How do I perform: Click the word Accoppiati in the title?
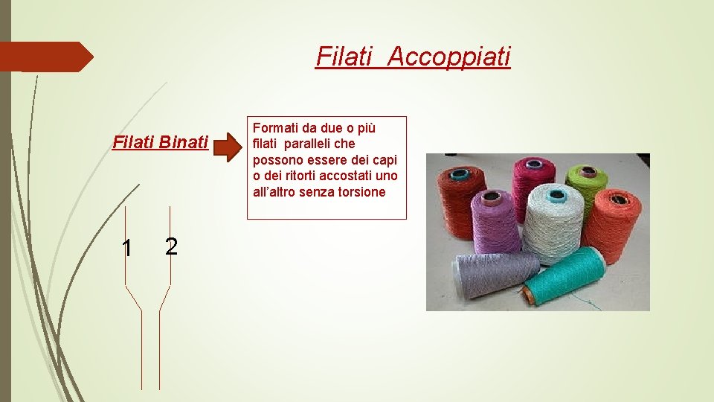click(448, 56)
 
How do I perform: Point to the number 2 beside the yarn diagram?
click(171, 246)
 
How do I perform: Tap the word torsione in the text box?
click(361, 192)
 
